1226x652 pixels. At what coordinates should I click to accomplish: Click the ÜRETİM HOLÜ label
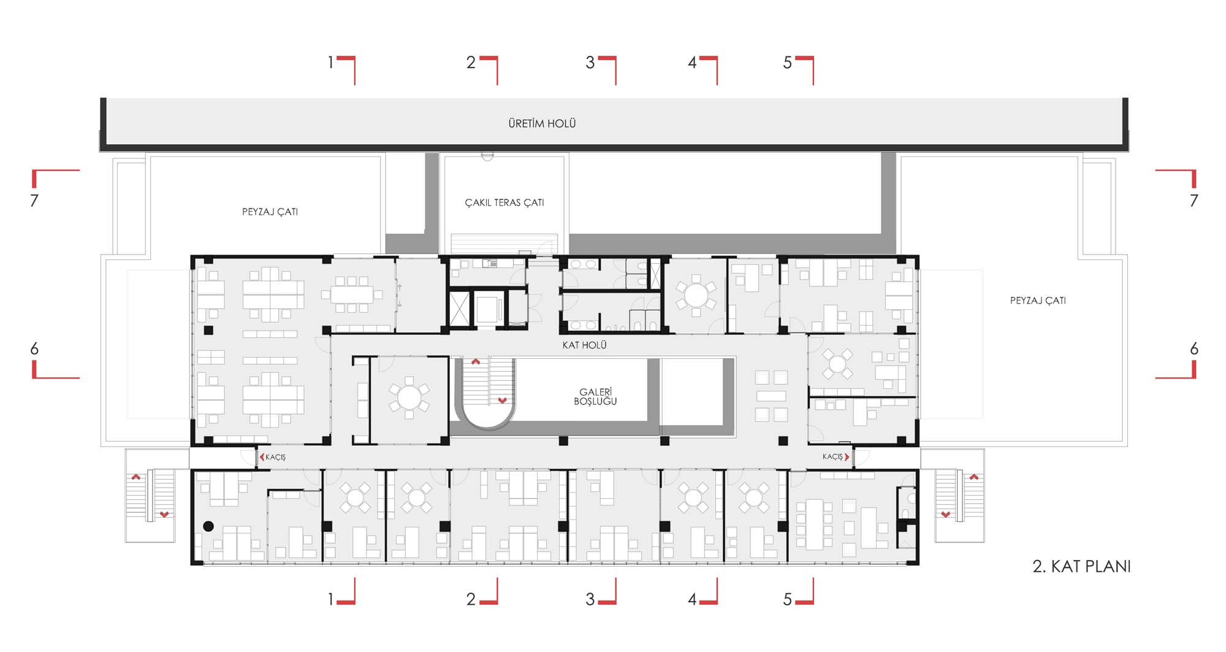pos(542,123)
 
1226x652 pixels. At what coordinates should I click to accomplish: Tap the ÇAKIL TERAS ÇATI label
pos(504,202)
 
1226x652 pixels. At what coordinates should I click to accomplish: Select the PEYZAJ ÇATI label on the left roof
pos(270,212)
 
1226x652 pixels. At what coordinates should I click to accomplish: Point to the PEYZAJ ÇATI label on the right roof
pos(1038,301)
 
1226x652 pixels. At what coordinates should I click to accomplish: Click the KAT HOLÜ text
pos(584,345)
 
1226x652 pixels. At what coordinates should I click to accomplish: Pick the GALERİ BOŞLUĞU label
pos(595,396)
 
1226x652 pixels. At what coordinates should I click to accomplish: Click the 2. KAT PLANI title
pos(1081,566)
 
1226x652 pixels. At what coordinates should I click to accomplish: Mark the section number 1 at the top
pos(331,63)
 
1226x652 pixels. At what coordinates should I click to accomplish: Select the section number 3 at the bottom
pos(590,599)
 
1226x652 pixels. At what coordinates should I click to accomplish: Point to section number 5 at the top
pos(788,63)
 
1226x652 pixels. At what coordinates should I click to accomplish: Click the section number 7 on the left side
pos(34,201)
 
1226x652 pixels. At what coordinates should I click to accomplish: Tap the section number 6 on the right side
pos(1194,349)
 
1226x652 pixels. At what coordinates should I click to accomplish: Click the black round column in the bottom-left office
pos(208,526)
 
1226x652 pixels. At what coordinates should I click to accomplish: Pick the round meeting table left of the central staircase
pos(409,397)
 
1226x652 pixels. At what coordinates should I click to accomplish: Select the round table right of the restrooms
pos(696,295)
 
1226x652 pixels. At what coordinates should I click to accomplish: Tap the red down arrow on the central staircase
pos(503,401)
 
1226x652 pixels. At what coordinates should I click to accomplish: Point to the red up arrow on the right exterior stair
pos(974,477)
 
